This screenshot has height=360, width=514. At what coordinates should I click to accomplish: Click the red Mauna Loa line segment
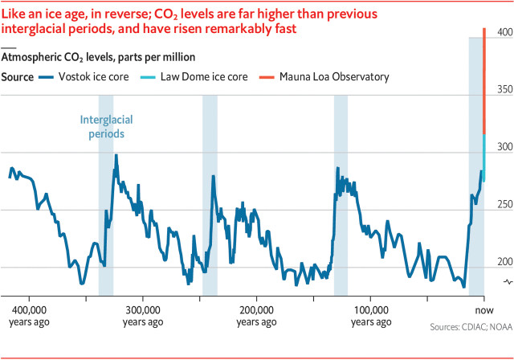point(483,80)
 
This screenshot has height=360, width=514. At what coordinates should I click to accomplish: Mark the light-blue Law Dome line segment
point(483,153)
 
